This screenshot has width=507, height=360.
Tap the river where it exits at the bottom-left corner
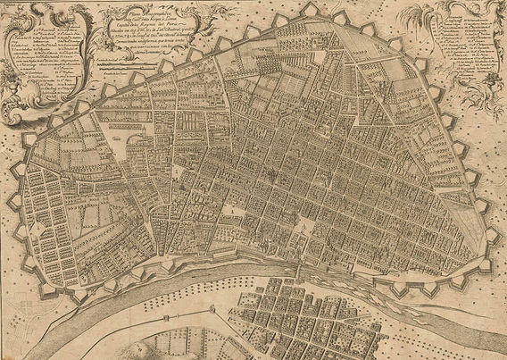(18, 344)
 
